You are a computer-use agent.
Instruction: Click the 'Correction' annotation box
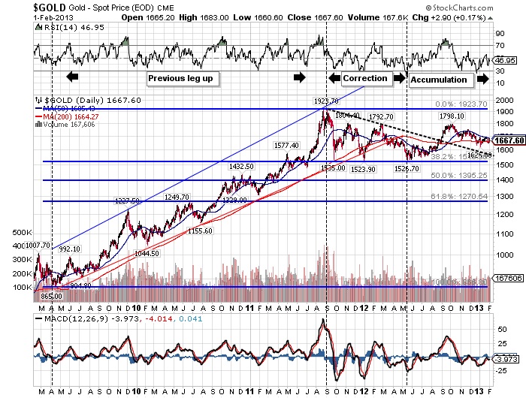[x=365, y=77]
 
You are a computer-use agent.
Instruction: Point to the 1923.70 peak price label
[x=326, y=100]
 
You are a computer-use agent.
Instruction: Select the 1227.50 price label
[x=127, y=201]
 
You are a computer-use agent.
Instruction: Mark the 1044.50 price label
[x=147, y=253]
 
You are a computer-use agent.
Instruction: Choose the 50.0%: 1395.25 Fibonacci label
[x=462, y=174]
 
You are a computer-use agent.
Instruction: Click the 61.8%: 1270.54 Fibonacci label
[x=462, y=196]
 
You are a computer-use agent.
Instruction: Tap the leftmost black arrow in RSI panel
[x=72, y=77]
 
